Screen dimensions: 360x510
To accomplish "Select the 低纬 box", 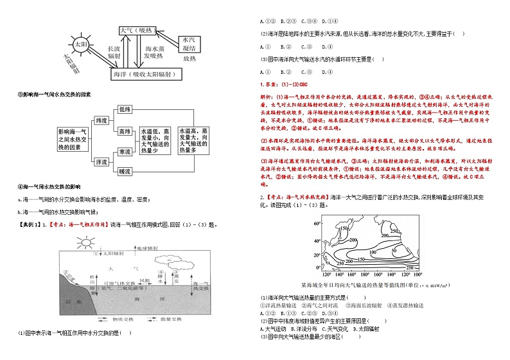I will [125, 110].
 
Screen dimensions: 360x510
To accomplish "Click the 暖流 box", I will [125, 172].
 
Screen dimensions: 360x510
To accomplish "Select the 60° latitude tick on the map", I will [316, 223].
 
